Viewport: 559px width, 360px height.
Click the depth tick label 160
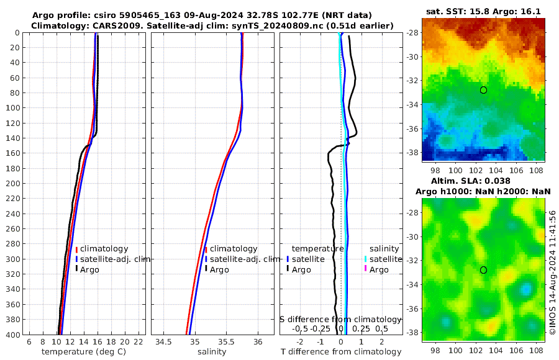click(12, 153)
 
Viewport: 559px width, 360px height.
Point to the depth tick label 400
click(12, 335)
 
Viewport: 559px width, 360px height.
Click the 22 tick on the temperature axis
click(139, 342)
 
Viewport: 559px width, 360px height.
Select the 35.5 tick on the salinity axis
click(227, 342)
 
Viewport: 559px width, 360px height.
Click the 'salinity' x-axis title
click(212, 352)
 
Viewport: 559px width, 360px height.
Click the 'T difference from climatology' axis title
click(341, 352)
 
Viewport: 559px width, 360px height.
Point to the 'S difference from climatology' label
click(341, 319)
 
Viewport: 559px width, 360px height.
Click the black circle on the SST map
click(483, 90)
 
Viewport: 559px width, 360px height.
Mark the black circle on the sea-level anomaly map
click(483, 270)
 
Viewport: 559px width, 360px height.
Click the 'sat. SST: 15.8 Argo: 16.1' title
click(483, 11)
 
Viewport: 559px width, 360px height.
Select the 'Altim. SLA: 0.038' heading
click(483, 180)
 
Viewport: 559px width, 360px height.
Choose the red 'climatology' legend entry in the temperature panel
click(104, 249)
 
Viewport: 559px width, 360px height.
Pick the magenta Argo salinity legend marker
click(366, 269)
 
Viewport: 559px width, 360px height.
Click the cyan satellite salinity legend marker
click(366, 259)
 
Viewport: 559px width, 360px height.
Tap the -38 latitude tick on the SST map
click(411, 152)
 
